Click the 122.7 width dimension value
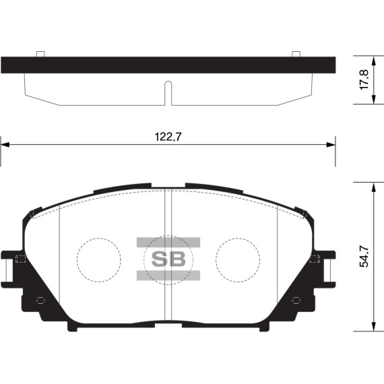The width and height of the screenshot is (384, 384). (168, 135)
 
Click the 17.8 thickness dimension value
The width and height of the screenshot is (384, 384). (364, 79)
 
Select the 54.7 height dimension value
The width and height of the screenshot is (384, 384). (364, 257)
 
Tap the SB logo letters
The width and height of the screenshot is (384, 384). (168, 259)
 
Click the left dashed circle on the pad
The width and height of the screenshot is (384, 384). (98, 259)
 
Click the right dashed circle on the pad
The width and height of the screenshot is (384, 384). (238, 259)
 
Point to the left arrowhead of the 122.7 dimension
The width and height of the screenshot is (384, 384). (5, 143)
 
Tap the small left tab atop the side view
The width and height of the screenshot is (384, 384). (40, 54)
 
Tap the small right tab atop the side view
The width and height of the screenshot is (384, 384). (295, 54)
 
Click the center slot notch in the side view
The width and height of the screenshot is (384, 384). (168, 93)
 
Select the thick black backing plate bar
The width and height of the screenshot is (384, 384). (168, 65)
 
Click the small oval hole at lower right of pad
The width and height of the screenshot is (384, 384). (297, 300)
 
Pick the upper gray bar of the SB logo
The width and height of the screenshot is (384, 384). (168, 242)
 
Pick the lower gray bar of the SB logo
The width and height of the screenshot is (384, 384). (168, 275)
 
